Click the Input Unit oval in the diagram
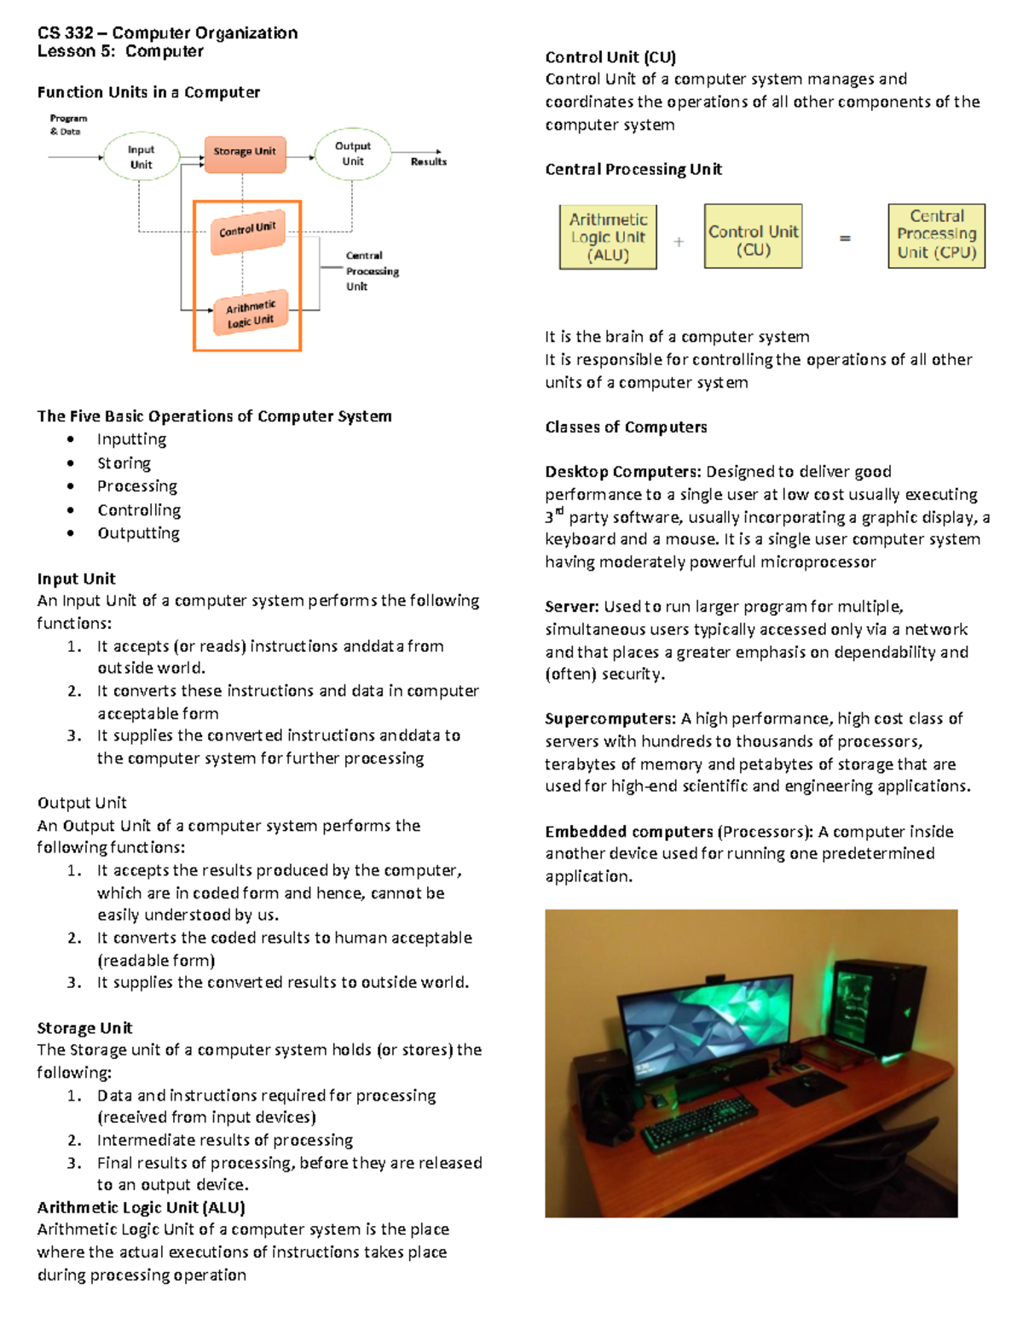pyautogui.click(x=141, y=157)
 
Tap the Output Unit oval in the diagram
pyautogui.click(x=353, y=154)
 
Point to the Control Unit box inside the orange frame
pyautogui.click(x=247, y=230)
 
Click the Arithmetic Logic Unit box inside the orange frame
pyautogui.click(x=251, y=313)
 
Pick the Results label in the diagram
pyautogui.click(x=428, y=161)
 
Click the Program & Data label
pyautogui.click(x=67, y=125)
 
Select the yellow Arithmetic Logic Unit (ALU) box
pyautogui.click(x=608, y=237)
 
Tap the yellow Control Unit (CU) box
pyautogui.click(x=753, y=236)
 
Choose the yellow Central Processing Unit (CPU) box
pyautogui.click(x=936, y=235)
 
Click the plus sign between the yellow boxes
pyautogui.click(x=679, y=242)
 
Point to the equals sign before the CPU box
pyautogui.click(x=845, y=239)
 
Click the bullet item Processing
pyautogui.click(x=137, y=486)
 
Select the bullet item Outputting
pyautogui.click(x=138, y=533)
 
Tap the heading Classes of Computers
pyautogui.click(x=626, y=427)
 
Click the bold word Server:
pyautogui.click(x=572, y=607)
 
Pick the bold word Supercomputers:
pyautogui.click(x=610, y=718)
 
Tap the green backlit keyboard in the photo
pyautogui.click(x=700, y=1120)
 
